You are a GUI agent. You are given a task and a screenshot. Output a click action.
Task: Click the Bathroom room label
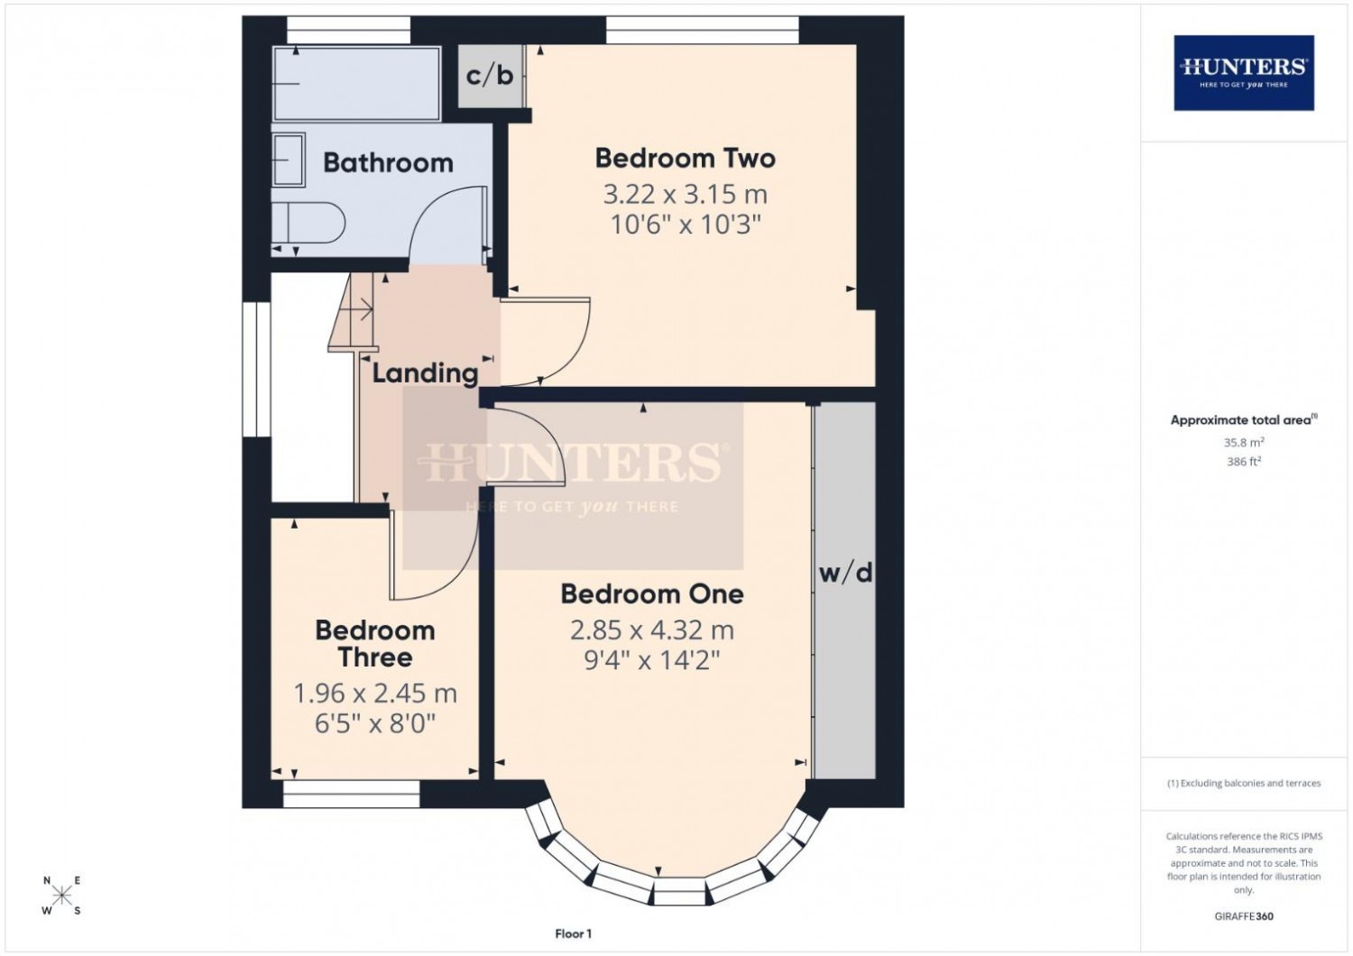tap(388, 163)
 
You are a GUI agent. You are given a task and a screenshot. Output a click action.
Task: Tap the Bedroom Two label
tap(685, 158)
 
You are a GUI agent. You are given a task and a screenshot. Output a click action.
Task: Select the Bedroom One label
tap(652, 594)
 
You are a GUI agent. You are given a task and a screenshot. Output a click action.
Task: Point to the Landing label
tap(425, 373)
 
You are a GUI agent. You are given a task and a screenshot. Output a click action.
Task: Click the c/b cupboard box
tap(490, 76)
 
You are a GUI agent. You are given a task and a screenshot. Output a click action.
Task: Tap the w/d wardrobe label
tap(846, 573)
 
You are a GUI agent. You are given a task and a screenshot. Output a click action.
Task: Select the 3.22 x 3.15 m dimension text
tap(685, 195)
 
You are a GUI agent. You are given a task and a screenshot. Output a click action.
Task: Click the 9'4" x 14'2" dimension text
tap(652, 661)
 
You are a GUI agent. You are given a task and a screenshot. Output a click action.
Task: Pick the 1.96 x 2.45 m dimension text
tap(375, 694)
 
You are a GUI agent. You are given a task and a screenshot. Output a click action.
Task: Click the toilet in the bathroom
tap(308, 223)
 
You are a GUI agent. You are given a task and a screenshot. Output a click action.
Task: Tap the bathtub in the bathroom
tap(356, 83)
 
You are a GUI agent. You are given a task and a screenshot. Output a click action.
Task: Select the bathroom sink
tap(289, 160)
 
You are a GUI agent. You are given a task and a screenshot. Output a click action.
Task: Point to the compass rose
tap(61, 895)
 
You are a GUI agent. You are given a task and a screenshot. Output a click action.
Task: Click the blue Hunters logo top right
tap(1244, 73)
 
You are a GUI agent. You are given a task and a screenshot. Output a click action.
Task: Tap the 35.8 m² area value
tap(1244, 442)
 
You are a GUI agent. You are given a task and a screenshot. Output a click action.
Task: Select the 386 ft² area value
tap(1244, 462)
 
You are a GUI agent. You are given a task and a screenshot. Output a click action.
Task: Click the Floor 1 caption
tap(573, 933)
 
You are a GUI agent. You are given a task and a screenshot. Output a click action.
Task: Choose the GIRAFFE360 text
tap(1244, 916)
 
